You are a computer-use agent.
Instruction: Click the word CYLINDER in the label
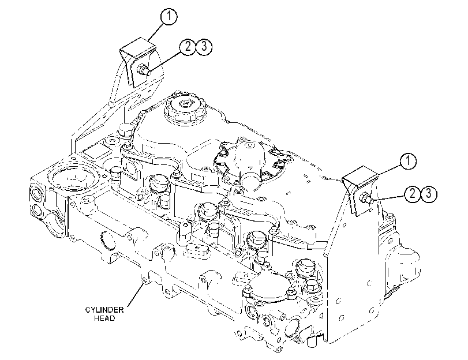(x=104, y=310)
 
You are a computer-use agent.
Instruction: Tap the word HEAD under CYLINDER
(x=104, y=318)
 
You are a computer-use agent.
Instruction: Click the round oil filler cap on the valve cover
(x=185, y=106)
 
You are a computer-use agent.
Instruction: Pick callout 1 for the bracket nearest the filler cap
(x=169, y=16)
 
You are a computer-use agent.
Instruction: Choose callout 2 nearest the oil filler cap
(x=188, y=47)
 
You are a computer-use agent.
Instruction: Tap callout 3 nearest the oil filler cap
(x=204, y=47)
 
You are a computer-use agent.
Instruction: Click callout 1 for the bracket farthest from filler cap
(x=408, y=162)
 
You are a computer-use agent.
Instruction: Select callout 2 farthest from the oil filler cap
(x=413, y=194)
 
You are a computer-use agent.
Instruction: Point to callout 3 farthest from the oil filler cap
(x=429, y=194)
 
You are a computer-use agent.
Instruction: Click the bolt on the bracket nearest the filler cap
(x=143, y=70)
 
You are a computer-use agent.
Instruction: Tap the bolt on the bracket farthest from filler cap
(x=367, y=198)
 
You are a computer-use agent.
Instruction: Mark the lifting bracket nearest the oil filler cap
(x=137, y=61)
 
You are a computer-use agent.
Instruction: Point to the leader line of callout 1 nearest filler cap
(x=155, y=32)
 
